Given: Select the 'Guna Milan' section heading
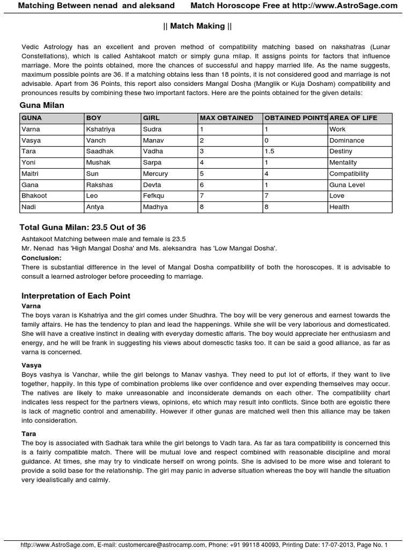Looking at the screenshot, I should coord(42,105).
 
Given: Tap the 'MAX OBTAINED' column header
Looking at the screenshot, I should coord(226,118).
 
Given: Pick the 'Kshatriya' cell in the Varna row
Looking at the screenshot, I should coord(100,129).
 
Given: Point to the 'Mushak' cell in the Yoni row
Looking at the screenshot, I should coord(97,163).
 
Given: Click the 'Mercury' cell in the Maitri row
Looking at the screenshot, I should coord(156,174).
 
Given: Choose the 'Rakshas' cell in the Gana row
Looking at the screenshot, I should coord(99,185).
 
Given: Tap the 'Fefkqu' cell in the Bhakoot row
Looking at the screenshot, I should coord(154,196).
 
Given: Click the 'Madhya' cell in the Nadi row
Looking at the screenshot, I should coord(155,207).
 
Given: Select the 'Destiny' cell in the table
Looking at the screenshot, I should coord(342,151).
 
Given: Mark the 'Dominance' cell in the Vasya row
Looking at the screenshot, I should coord(347,141).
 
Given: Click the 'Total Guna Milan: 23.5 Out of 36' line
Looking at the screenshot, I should coord(83,227).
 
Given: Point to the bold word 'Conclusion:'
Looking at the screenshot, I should coord(42,258).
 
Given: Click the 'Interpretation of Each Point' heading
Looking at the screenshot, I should coord(76,296).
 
